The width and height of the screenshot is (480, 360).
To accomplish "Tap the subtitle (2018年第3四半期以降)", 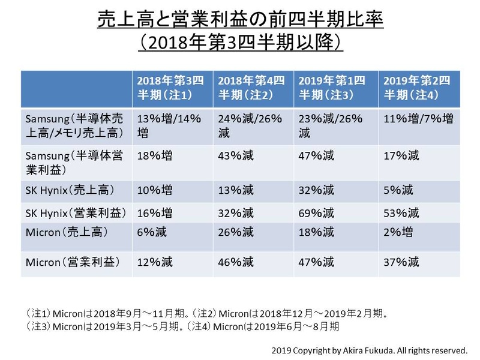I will point(240,45).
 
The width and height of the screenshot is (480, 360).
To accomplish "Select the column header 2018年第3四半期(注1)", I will point(171,88).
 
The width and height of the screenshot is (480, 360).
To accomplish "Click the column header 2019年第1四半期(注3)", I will point(334,88).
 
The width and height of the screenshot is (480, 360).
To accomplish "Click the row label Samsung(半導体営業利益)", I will point(74,163).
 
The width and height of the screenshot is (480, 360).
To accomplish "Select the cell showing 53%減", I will point(400,212).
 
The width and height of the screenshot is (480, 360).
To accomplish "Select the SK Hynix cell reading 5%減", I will point(397,191).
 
